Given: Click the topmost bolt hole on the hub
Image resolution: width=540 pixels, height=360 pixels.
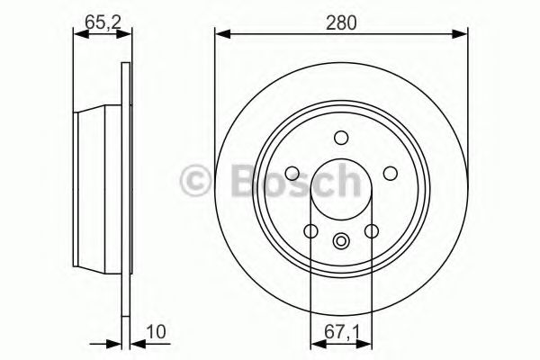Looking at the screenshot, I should click(x=340, y=138).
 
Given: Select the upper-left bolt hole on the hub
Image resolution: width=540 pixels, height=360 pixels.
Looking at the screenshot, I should click(x=292, y=173).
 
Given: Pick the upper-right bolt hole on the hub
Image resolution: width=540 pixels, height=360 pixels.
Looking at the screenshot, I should click(x=390, y=173).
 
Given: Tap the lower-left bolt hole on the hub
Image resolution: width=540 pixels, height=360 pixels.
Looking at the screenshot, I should click(x=310, y=231).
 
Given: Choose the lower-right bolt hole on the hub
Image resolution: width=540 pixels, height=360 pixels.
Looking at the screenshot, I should click(x=371, y=231).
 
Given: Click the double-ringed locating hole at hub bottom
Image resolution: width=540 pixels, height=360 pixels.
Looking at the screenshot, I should click(x=341, y=240).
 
